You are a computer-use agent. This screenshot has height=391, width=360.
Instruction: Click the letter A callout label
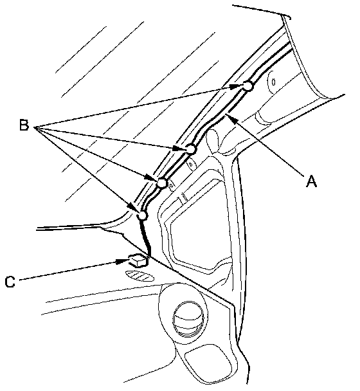coord(311,181)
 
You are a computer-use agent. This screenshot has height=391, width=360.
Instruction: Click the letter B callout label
coord(24,125)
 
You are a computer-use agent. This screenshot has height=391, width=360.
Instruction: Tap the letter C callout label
coord(10,282)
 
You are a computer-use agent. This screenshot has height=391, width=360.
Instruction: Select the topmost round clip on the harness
coord(248,86)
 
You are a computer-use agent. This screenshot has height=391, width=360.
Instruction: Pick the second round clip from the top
coord(191,149)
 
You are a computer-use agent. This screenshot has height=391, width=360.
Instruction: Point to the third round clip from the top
coord(162,183)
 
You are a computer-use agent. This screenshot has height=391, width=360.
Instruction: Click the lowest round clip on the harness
coord(143,215)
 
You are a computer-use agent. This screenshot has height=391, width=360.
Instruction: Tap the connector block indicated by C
coord(138,260)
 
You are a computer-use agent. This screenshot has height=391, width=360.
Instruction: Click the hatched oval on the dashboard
coord(140,276)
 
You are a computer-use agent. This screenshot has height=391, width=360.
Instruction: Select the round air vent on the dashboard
coord(189,320)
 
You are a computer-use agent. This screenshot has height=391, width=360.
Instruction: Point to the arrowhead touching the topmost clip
coord(236,87)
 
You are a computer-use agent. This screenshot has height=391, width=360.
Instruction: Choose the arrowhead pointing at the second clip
coord(179,149)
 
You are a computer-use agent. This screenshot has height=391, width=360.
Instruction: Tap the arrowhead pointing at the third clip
coord(151,178)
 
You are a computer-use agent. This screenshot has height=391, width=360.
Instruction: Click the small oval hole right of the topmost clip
coord(273,82)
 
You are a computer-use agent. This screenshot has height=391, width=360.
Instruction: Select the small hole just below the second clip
coord(191,165)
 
